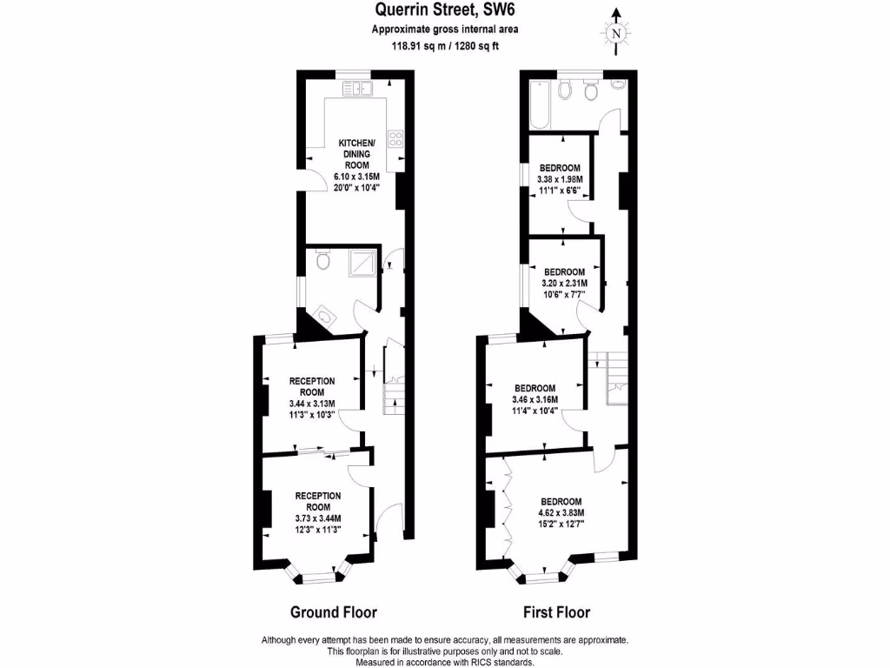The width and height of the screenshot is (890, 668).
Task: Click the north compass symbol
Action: point(616,31)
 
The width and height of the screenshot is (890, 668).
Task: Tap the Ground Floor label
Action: point(333,611)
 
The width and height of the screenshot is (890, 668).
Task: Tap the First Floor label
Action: point(557,611)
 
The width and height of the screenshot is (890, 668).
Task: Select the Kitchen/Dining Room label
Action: point(356,154)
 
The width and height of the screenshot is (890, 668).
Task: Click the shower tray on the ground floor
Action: point(364,262)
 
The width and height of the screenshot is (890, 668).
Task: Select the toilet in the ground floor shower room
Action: point(322,259)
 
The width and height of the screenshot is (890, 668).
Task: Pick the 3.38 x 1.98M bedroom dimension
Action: point(561,179)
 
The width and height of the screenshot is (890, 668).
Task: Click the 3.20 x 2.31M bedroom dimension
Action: point(564,283)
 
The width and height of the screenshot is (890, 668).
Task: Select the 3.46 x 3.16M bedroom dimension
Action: point(535,399)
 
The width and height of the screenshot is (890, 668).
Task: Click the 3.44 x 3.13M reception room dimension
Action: point(312,403)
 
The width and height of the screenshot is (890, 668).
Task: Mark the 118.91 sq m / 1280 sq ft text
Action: point(444,47)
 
